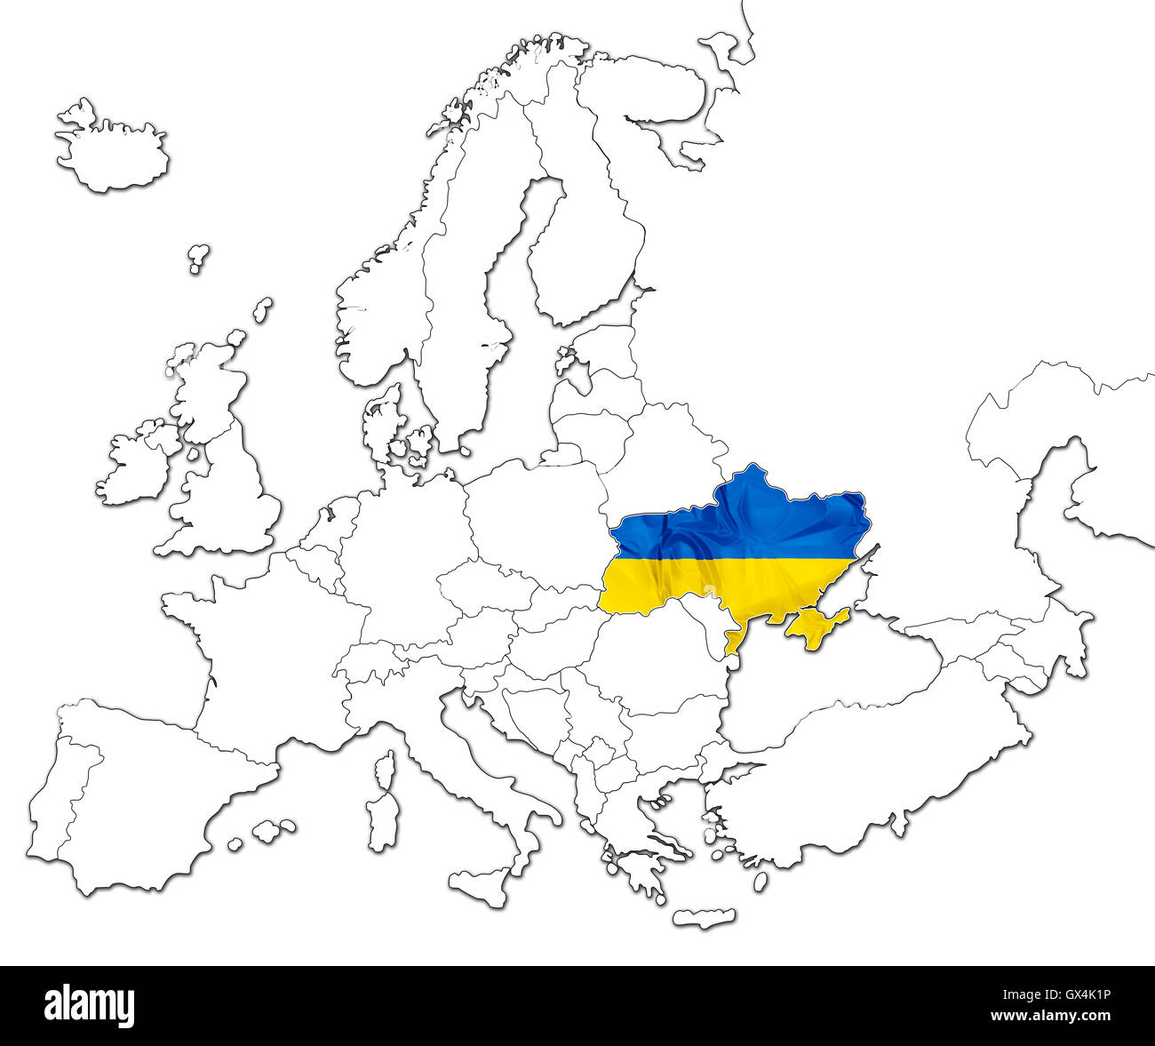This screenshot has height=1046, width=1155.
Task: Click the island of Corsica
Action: click(386, 770)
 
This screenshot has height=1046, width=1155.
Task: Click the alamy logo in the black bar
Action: click(90, 1004)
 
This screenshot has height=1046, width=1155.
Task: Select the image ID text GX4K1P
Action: click(1079, 997)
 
